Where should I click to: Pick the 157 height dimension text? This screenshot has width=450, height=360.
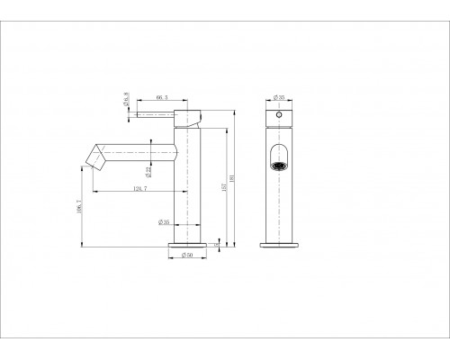[x=226, y=187]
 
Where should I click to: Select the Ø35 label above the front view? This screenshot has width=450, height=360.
[x=279, y=96]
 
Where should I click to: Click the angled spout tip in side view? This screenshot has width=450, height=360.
[x=93, y=157]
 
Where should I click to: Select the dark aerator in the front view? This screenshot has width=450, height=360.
[x=281, y=166]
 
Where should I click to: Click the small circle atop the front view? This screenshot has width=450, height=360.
[x=280, y=117]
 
